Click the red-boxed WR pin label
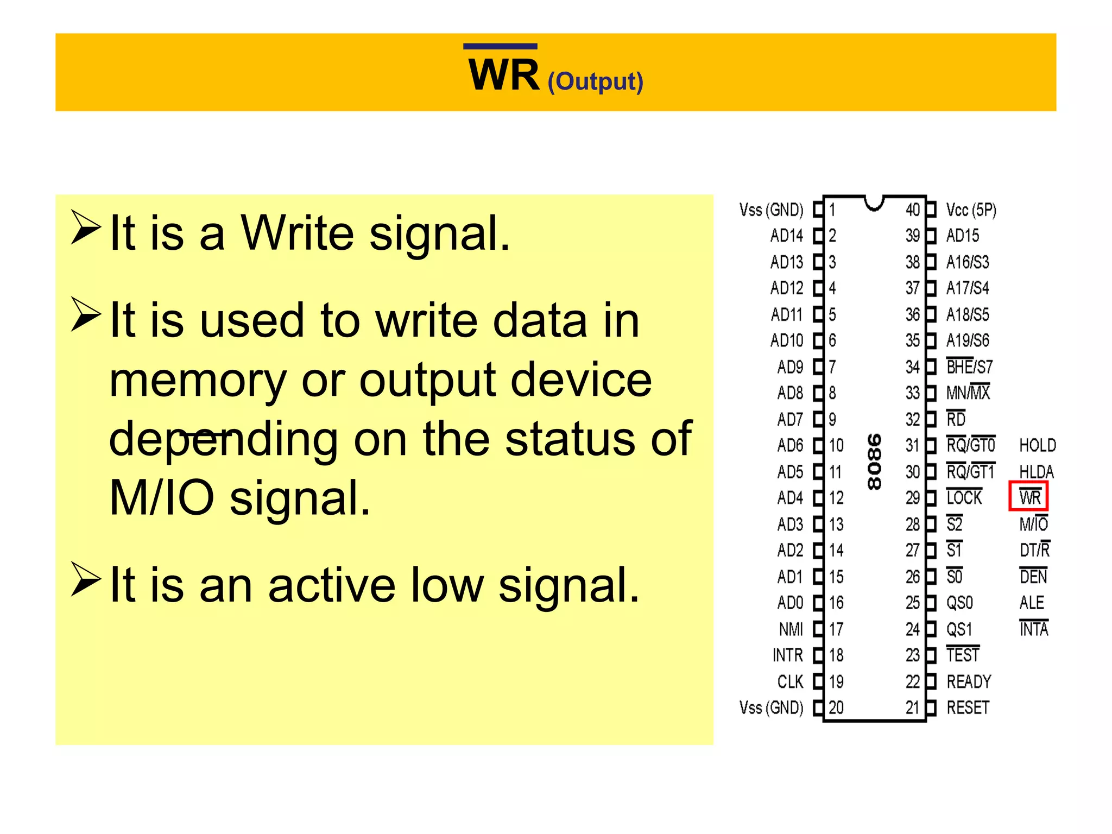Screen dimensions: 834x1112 tap(1029, 496)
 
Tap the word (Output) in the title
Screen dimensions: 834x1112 tap(595, 81)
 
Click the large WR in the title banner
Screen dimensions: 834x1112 tap(504, 75)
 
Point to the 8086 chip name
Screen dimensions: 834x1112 tap(874, 462)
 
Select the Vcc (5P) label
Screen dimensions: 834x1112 tap(971, 210)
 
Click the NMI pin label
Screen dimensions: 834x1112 tap(791, 629)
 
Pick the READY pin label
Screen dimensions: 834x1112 tap(969, 681)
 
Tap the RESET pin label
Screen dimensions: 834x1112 tap(968, 707)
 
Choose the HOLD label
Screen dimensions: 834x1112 tap(1037, 445)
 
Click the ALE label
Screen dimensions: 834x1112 tap(1032, 603)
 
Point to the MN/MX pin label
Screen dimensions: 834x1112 tap(968, 393)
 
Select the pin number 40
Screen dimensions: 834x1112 tap(912, 210)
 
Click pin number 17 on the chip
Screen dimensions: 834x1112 tap(836, 629)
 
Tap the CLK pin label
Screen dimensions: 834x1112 tap(790, 681)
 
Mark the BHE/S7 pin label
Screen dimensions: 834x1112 tap(969, 367)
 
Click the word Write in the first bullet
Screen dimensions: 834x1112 tap(298, 233)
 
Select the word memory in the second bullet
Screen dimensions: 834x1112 tap(198, 380)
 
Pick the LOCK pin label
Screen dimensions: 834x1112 tap(964, 497)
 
